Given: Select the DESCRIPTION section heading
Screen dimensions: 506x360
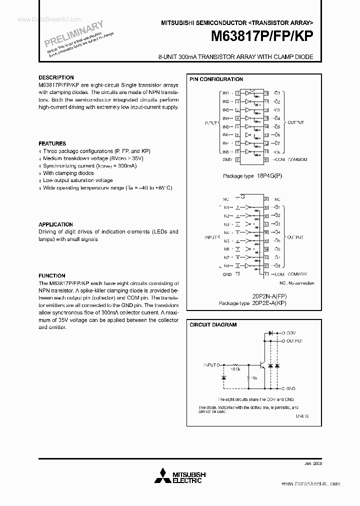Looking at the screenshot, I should click(x=56, y=78).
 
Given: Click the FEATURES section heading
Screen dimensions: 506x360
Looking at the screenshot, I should click(x=52, y=143).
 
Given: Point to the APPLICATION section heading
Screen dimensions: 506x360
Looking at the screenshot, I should click(x=55, y=224).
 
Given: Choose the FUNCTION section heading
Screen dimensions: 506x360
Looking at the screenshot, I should click(x=52, y=275).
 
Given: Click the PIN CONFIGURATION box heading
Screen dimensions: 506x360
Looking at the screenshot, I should click(x=216, y=79).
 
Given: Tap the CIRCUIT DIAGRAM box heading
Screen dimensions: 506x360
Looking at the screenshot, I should click(x=213, y=324).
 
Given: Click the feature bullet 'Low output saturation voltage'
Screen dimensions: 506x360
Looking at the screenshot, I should click(x=77, y=180).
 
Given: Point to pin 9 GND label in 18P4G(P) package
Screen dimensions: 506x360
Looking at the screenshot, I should click(x=227, y=159).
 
